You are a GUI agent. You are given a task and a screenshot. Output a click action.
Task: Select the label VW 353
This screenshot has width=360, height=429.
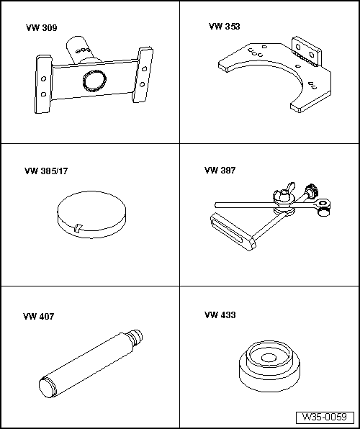coord(224,26)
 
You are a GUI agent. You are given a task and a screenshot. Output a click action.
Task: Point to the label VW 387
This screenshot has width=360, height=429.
coord(220,171)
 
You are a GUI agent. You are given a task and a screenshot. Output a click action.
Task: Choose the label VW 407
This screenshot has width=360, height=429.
coord(38,316)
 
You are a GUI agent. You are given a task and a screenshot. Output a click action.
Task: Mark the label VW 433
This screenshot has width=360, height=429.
coord(220,315)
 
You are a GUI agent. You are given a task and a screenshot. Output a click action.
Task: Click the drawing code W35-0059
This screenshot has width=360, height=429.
coord(325,417)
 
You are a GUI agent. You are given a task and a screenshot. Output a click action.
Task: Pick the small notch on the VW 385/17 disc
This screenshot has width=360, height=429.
coord(77,228)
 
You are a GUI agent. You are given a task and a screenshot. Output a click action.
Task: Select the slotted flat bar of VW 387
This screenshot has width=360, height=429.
coord(231,231)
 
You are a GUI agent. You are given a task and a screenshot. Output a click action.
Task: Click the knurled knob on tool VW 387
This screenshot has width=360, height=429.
coord(312,192)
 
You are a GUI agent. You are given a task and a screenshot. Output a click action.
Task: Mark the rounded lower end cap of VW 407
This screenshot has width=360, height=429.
coord(45,388)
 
